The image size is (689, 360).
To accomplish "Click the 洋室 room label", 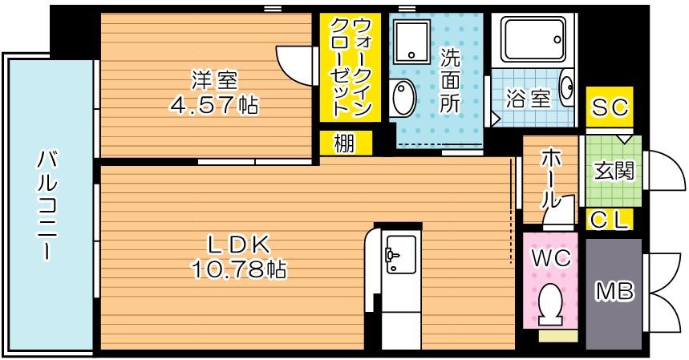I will click(x=214, y=80).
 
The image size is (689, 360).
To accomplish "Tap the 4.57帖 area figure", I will click(x=214, y=104).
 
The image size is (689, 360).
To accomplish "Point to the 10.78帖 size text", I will click(x=238, y=269).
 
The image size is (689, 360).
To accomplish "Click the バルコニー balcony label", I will click(x=45, y=204).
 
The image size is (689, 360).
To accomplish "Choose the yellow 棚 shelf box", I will click(x=344, y=144).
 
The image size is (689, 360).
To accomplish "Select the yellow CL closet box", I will click(x=610, y=218).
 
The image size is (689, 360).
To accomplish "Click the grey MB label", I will click(x=614, y=293).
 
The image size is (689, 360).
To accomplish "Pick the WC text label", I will click(x=551, y=258).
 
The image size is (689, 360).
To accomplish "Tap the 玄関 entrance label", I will click(x=614, y=171).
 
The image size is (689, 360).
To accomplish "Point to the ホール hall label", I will click(x=551, y=178).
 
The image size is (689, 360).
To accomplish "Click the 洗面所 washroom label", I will click(x=450, y=80).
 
